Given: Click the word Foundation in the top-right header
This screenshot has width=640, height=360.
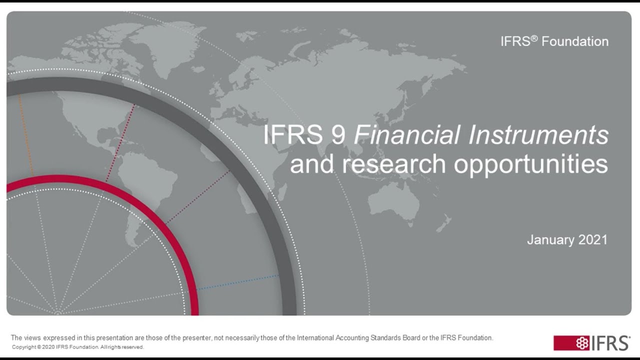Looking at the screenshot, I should pos(575,41).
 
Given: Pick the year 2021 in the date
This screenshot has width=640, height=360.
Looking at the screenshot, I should pos(593,240).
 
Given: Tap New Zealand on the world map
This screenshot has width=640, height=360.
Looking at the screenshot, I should pos(443,222).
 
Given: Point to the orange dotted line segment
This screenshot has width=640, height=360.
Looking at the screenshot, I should pos(25,135).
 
